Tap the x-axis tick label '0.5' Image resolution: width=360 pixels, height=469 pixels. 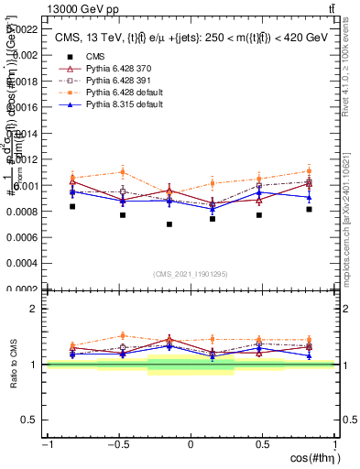point(262,444)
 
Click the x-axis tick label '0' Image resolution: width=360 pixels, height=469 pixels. point(191,444)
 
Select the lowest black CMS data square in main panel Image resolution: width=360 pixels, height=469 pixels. point(169,224)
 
